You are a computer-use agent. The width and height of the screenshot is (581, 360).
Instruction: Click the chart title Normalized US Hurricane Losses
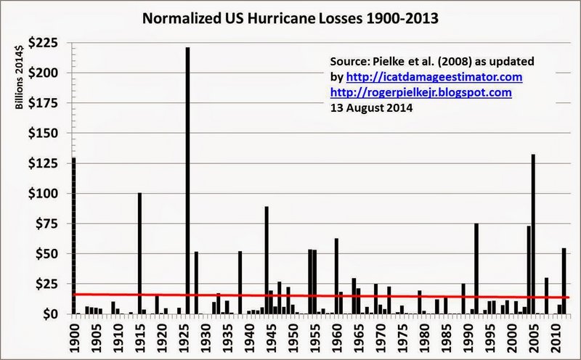[290, 17]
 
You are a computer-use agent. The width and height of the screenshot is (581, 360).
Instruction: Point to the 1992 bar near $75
[476, 269]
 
